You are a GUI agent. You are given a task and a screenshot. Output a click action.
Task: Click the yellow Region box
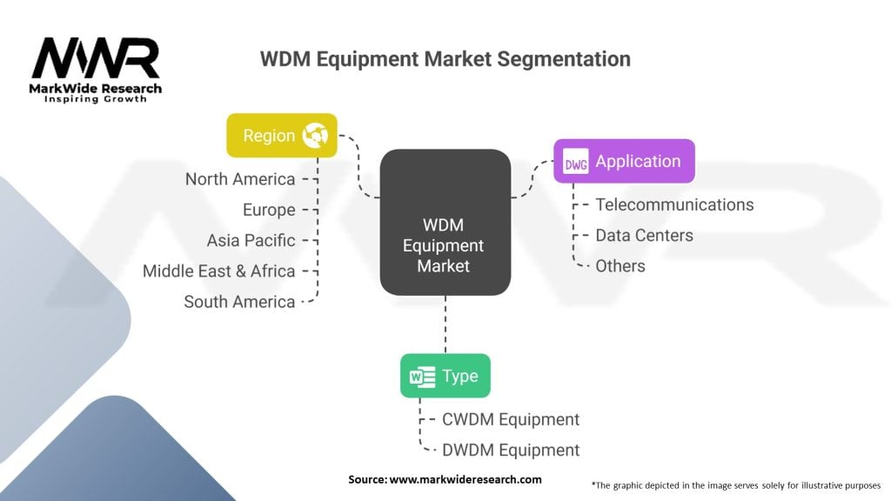click(282, 135)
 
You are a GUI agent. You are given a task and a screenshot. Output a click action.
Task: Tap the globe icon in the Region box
click(315, 135)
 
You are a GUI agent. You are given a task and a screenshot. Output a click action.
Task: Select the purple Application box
click(624, 161)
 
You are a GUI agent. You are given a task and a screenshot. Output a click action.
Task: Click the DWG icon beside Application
click(576, 162)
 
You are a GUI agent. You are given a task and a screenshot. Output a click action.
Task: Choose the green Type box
click(445, 376)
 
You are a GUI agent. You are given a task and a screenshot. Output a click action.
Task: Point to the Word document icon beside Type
click(422, 377)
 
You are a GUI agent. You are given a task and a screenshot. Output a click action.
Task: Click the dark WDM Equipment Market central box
click(445, 222)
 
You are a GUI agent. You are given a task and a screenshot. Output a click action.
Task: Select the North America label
click(240, 179)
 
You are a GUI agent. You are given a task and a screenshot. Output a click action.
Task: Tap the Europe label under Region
click(269, 210)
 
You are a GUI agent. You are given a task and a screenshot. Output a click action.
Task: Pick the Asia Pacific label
click(251, 240)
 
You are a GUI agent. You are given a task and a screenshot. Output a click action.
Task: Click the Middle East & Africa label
click(218, 271)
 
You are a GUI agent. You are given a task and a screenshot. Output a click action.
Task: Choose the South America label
click(239, 302)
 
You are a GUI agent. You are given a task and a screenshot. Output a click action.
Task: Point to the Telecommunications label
click(674, 204)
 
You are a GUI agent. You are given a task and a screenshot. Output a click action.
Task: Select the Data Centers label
click(644, 235)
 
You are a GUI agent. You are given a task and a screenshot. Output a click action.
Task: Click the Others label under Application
click(620, 266)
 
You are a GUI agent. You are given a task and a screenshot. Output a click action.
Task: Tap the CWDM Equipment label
click(510, 420)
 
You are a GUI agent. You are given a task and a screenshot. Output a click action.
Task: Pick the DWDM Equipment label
click(510, 451)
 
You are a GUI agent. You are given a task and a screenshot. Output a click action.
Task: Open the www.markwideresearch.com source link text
click(466, 479)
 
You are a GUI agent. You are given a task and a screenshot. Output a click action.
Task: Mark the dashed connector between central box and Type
click(445, 324)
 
